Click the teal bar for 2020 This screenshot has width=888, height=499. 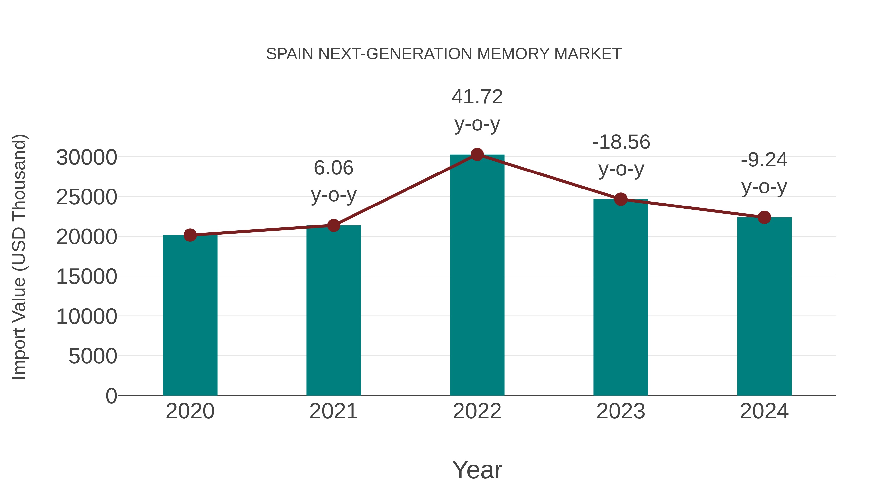point(190,315)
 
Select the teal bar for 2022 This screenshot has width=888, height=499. point(477,275)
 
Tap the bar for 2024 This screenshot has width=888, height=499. point(764,307)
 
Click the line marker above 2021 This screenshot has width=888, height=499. point(333,225)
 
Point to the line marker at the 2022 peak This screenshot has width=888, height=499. point(477,155)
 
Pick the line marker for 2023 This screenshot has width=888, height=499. point(621,199)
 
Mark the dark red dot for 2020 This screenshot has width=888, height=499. point(190,235)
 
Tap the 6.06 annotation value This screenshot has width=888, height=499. point(333,168)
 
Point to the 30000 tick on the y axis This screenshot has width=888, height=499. point(87,158)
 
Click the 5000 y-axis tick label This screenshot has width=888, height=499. point(92,356)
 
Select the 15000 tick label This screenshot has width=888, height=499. point(87,277)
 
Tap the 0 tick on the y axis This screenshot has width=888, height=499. point(111,396)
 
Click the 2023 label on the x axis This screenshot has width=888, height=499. point(621,411)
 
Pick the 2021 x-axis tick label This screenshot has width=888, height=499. point(333,411)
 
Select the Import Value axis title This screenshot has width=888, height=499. point(19,257)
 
